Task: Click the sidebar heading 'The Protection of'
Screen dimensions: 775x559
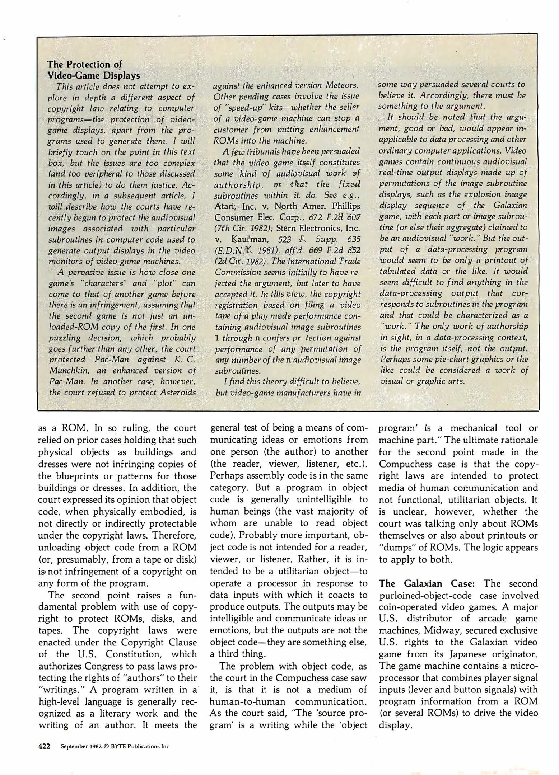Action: coord(85,65)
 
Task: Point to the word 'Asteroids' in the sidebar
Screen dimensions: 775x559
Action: coord(178,392)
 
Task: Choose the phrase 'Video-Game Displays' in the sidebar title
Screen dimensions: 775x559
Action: coord(93,76)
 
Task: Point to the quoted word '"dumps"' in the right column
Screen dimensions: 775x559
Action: coord(394,548)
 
